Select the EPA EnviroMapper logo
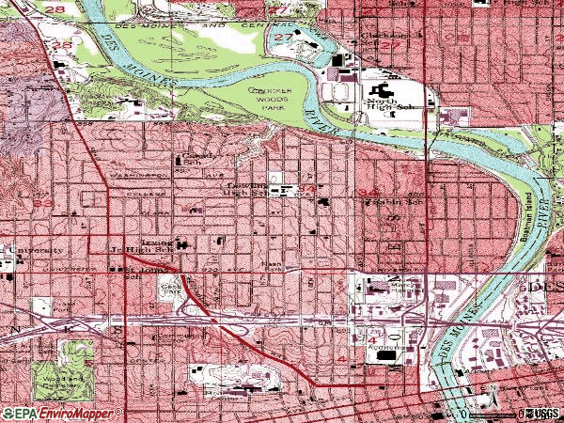coord(62,413)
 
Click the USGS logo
coord(542,413)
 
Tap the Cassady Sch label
coord(194,159)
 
